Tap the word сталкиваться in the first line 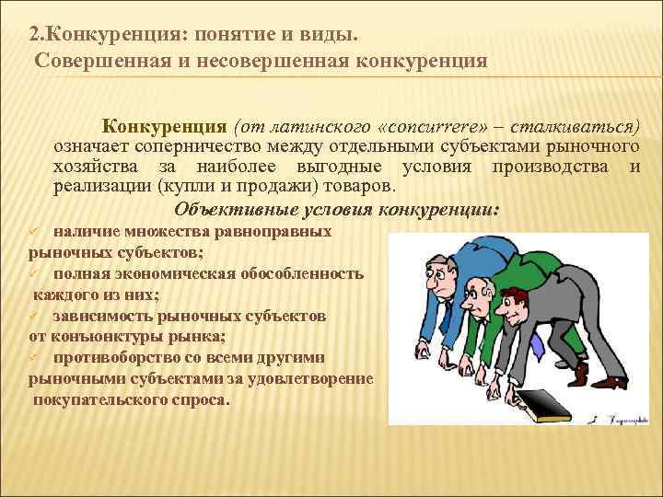click(x=571, y=126)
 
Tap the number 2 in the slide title click(x=33, y=35)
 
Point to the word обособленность click(x=308, y=273)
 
